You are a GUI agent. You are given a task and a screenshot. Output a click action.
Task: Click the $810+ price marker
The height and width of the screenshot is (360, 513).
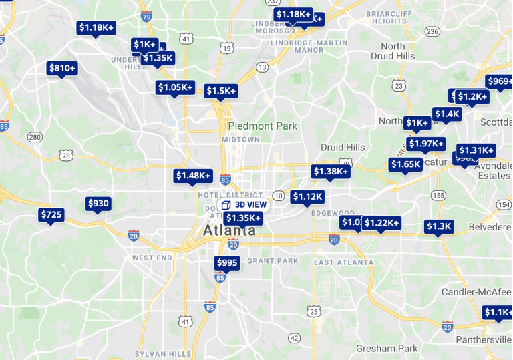pyautogui.click(x=62, y=68)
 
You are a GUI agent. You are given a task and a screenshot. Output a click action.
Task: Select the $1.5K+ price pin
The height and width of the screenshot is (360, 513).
pyautogui.click(x=221, y=91)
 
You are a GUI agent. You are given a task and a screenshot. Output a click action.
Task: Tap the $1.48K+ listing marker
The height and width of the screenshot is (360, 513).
pyautogui.click(x=194, y=176)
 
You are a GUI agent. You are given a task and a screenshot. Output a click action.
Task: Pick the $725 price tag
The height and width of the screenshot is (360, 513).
pyautogui.click(x=51, y=215)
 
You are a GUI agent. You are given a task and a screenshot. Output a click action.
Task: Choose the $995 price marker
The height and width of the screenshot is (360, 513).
pyautogui.click(x=227, y=263)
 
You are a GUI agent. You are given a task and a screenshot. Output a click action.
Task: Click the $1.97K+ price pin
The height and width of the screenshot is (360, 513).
pyautogui.click(x=426, y=144)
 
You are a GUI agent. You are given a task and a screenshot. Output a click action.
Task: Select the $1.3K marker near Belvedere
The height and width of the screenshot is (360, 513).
pyautogui.click(x=439, y=227)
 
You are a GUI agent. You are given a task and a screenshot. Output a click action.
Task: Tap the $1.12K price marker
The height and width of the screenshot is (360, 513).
pyautogui.click(x=307, y=196)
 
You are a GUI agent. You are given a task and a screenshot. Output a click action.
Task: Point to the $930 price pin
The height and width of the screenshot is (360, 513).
pyautogui.click(x=98, y=204)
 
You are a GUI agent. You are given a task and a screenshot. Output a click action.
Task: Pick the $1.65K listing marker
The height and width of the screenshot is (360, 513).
pyautogui.click(x=406, y=164)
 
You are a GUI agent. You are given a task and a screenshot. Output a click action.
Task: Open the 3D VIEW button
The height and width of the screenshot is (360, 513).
pyautogui.click(x=244, y=204)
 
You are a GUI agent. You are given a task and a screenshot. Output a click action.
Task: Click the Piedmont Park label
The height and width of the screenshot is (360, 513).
pyautogui.click(x=263, y=126)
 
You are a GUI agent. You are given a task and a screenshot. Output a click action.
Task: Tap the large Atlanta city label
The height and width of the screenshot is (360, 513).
pyautogui.click(x=229, y=231)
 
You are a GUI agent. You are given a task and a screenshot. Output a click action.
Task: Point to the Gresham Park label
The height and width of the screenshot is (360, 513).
pyautogui.click(x=387, y=348)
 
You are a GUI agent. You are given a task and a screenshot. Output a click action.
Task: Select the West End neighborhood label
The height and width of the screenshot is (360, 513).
pyautogui.click(x=152, y=258)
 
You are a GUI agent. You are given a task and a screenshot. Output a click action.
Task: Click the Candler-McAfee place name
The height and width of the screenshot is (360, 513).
pyautogui.click(x=476, y=292)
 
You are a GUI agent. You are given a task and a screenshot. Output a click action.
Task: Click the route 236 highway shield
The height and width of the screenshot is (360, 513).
pyautogui.click(x=432, y=31)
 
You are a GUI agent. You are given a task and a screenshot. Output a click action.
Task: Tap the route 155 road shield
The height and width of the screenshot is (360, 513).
pyautogui.click(x=438, y=195)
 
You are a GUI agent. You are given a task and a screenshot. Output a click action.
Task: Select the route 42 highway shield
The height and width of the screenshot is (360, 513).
pyautogui.click(x=295, y=339)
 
